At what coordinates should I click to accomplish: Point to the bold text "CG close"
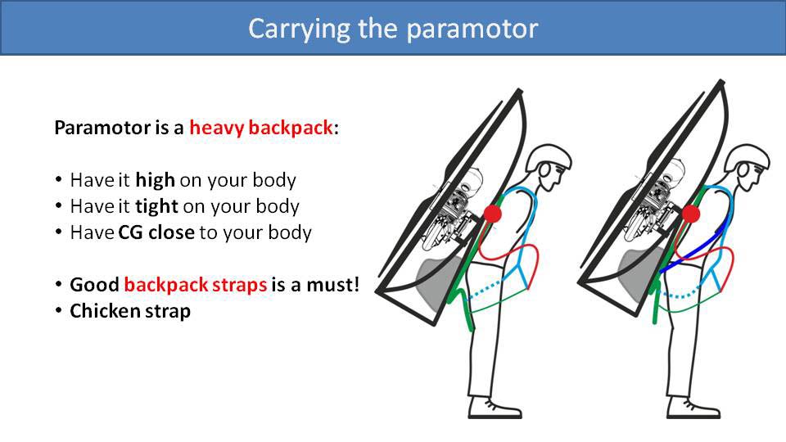tap(156, 232)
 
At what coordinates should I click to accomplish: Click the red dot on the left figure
tap(492, 214)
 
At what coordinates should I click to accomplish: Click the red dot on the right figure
tap(690, 214)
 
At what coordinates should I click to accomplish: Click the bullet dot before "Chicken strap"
tap(58, 311)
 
